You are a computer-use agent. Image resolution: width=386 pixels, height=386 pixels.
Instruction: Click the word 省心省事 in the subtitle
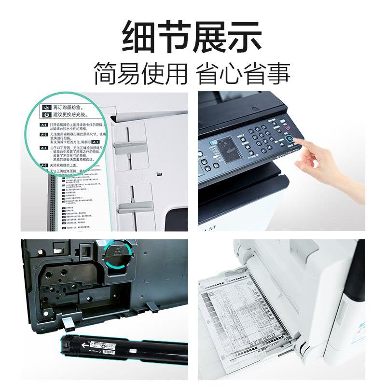pyautogui.click(x=244, y=73)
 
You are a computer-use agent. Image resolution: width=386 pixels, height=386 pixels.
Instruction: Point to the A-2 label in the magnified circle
pyautogui.click(x=44, y=135)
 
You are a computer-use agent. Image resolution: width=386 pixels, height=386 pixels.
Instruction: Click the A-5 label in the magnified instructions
pyautogui.click(x=44, y=165)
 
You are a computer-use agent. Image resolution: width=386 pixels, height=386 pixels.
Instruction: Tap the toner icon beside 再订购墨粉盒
pyautogui.click(x=47, y=106)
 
